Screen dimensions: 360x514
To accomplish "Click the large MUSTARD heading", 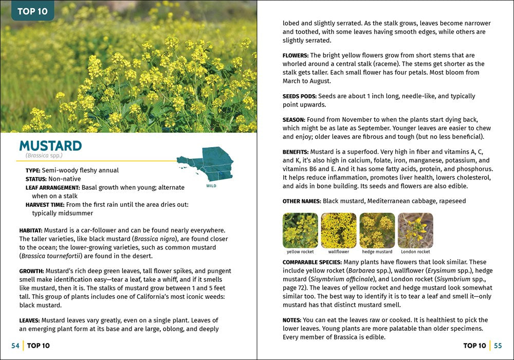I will (x=50, y=146).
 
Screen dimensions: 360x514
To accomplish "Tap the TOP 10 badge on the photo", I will (x=32, y=11).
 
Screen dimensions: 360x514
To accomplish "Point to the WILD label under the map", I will (x=211, y=186).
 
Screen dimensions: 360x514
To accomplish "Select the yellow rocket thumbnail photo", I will (x=300, y=230).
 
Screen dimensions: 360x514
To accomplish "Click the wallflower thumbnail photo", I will (x=339, y=230).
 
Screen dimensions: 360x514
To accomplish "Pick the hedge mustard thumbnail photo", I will (x=377, y=230).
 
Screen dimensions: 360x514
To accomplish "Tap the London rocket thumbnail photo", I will (x=415, y=230).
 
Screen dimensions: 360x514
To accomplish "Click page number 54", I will (x=15, y=346).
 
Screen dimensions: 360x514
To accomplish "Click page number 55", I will (x=498, y=346).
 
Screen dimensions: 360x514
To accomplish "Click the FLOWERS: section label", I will (x=296, y=55).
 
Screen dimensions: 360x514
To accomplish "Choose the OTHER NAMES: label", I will (x=302, y=201).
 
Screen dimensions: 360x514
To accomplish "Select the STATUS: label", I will (x=36, y=179).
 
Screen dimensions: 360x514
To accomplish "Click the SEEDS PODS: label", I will (x=300, y=96).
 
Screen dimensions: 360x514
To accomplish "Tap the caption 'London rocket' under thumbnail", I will (x=415, y=252).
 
